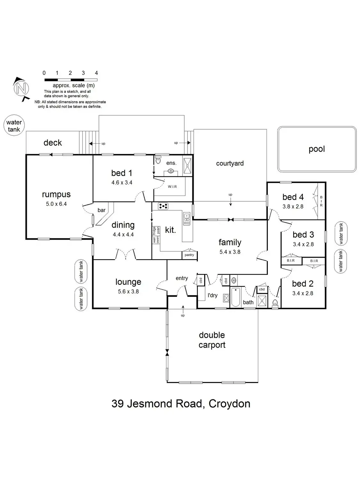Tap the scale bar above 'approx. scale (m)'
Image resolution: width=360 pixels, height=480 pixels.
click(x=70, y=80)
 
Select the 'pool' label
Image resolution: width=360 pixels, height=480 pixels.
click(x=316, y=149)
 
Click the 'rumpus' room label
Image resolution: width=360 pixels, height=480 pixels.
click(x=56, y=195)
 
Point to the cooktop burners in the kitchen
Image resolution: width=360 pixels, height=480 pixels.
click(x=163, y=206)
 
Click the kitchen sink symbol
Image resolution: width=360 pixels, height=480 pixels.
click(x=187, y=218)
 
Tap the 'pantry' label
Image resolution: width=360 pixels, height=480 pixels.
click(x=189, y=255)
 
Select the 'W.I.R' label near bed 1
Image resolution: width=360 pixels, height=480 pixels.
click(x=172, y=187)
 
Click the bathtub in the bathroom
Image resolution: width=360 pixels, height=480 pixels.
click(x=236, y=297)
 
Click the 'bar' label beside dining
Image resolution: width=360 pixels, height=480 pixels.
click(x=101, y=210)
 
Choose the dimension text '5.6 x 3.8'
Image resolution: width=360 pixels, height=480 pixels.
click(x=128, y=292)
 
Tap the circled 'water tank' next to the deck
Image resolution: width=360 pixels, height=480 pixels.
click(x=14, y=126)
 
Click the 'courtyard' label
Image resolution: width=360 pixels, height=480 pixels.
click(x=230, y=164)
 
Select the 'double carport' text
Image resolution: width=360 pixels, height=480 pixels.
click(x=212, y=340)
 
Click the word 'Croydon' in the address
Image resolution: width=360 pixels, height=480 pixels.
click(x=229, y=404)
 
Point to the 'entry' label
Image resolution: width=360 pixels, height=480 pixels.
click(x=182, y=278)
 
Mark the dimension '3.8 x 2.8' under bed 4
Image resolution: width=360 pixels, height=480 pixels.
click(x=293, y=207)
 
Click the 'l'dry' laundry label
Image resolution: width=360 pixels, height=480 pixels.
click(x=212, y=295)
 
